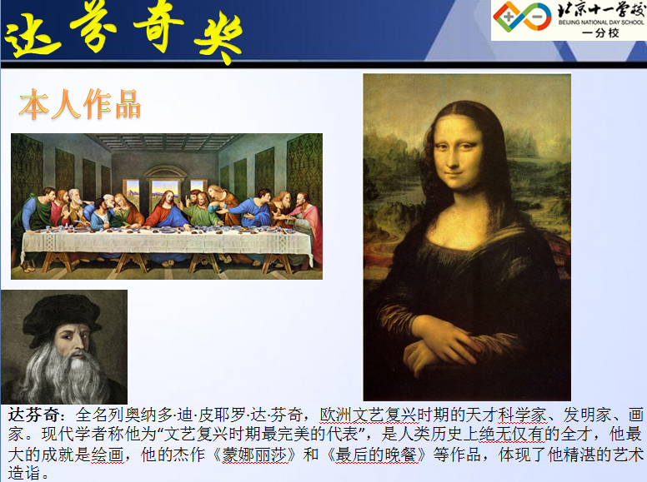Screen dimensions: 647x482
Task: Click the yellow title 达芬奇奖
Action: click(123, 32)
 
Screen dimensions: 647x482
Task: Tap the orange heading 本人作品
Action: click(80, 104)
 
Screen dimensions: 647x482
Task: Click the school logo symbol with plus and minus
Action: click(523, 17)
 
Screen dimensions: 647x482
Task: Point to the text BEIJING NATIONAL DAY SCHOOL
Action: click(601, 22)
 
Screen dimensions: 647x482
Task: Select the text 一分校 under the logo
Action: click(600, 33)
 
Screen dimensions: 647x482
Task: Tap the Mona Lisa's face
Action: click(458, 152)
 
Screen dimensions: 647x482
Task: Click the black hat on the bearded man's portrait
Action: click(62, 316)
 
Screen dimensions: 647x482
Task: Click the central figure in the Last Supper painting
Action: click(167, 210)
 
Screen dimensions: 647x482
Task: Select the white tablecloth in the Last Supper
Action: click(167, 244)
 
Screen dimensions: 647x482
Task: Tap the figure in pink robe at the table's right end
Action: click(308, 222)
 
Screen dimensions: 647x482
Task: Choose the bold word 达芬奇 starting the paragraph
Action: click(34, 415)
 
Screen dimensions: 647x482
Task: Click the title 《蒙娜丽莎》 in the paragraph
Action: click(254, 455)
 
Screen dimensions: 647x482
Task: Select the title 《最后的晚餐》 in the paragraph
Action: click(376, 455)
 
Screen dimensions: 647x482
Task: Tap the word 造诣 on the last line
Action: click(24, 473)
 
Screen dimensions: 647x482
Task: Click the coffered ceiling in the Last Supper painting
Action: click(165, 142)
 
